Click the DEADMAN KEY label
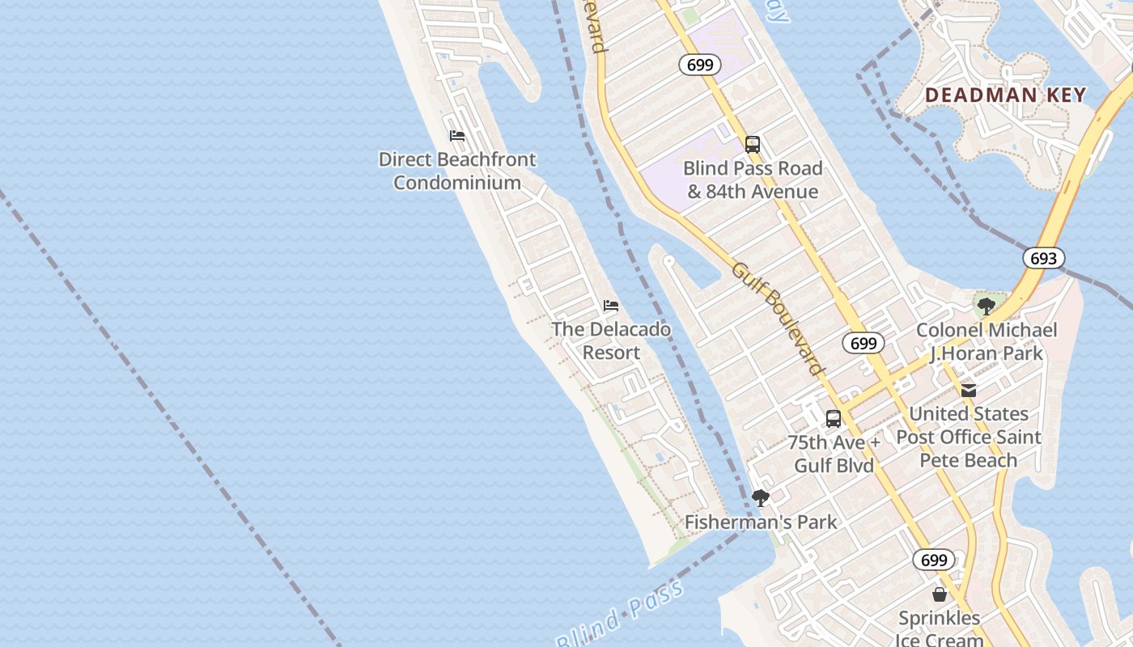(1005, 95)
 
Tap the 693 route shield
(1043, 258)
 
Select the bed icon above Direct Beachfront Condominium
(457, 135)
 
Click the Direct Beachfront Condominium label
(457, 171)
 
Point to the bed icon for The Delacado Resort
(611, 306)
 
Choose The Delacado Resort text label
(611, 340)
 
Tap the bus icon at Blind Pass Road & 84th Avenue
(753, 145)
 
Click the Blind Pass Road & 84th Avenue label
(753, 180)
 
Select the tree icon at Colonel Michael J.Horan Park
(986, 307)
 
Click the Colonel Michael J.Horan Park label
(986, 341)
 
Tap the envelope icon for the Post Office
(969, 391)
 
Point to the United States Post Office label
(969, 437)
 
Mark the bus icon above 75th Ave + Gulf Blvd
(834, 419)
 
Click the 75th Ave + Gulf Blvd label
(834, 454)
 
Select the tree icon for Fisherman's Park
(760, 498)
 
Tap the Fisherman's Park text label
(761, 522)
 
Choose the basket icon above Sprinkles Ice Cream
(940, 594)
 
